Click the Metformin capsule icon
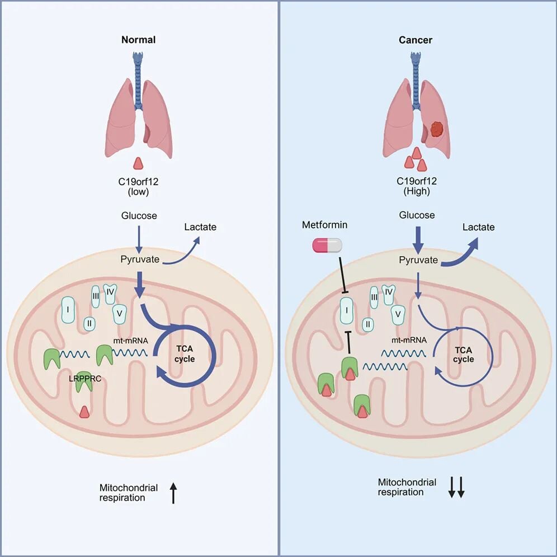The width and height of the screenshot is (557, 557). (327, 245)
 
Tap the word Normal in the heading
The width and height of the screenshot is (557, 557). (139, 40)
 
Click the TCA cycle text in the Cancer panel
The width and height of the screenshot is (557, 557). (463, 354)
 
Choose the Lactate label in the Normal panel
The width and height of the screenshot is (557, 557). (201, 227)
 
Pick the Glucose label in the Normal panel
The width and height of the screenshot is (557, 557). (138, 215)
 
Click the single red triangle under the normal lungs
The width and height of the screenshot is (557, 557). (139, 163)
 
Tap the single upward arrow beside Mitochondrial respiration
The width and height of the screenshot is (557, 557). (173, 493)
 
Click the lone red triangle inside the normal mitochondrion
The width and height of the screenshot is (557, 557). (84, 412)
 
